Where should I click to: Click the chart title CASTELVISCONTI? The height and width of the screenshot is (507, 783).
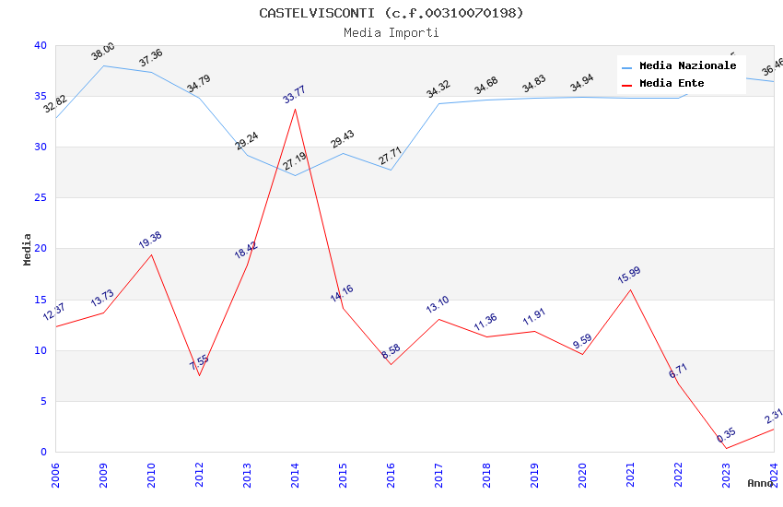click(391, 13)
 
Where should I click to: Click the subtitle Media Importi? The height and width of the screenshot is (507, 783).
click(391, 32)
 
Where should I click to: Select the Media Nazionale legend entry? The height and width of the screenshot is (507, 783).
click(687, 66)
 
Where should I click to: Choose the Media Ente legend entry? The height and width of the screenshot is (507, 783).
click(672, 83)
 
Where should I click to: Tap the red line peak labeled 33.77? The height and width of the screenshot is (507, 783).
click(295, 109)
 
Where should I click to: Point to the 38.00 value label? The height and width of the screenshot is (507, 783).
click(103, 52)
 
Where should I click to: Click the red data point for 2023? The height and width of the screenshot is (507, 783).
click(726, 449)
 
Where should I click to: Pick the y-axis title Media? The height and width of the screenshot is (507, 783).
click(28, 249)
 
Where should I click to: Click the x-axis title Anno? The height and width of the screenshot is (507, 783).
click(760, 483)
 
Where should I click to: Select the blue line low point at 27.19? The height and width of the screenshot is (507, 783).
click(295, 175)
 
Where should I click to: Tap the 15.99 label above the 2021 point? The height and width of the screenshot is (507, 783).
click(629, 275)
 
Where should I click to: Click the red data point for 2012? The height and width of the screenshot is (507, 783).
click(199, 375)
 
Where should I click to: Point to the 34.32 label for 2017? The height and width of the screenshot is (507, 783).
click(438, 89)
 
